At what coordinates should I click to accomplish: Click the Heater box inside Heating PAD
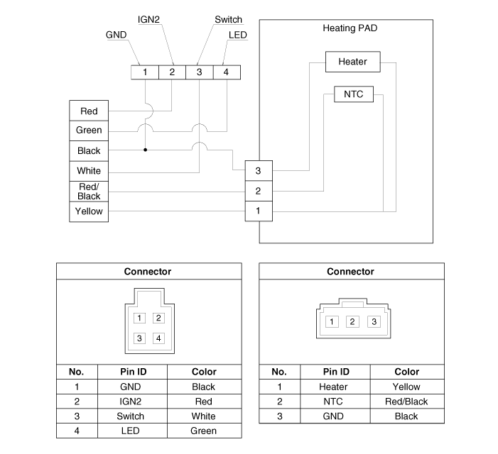click(352, 62)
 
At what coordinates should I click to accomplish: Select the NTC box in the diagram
click(353, 94)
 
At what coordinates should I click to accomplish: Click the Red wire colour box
click(89, 111)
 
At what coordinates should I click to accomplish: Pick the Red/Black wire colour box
click(89, 192)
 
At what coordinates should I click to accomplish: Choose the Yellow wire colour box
click(89, 211)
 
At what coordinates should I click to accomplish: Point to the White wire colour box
click(89, 171)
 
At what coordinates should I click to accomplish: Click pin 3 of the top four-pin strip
click(199, 72)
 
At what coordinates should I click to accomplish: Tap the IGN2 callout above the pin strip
click(148, 19)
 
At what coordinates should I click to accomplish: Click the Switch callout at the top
click(228, 19)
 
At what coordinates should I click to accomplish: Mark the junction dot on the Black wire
click(145, 150)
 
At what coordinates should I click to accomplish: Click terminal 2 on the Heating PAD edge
click(259, 191)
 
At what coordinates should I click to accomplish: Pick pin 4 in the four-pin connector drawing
click(158, 338)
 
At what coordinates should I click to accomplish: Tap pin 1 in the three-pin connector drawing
click(331, 321)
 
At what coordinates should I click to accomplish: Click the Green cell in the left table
click(204, 431)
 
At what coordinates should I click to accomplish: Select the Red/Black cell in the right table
click(406, 402)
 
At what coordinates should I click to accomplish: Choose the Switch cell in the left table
click(131, 416)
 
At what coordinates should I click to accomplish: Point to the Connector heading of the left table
click(148, 272)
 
